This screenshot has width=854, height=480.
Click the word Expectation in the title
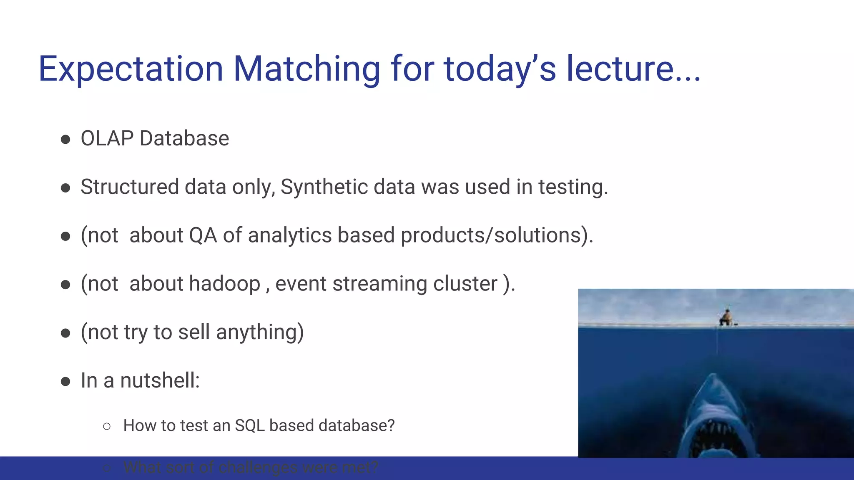point(131,69)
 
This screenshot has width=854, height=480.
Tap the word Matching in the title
point(306,69)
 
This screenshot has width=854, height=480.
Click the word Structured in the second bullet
point(130,187)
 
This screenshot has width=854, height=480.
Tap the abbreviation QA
point(203,235)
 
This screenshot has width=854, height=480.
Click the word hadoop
point(224,284)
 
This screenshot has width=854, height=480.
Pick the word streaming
point(379,284)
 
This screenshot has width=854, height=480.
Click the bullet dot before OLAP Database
point(65,139)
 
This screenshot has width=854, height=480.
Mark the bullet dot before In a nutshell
point(65,381)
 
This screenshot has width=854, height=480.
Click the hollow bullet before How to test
point(107,426)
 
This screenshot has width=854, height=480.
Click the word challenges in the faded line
point(258,467)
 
